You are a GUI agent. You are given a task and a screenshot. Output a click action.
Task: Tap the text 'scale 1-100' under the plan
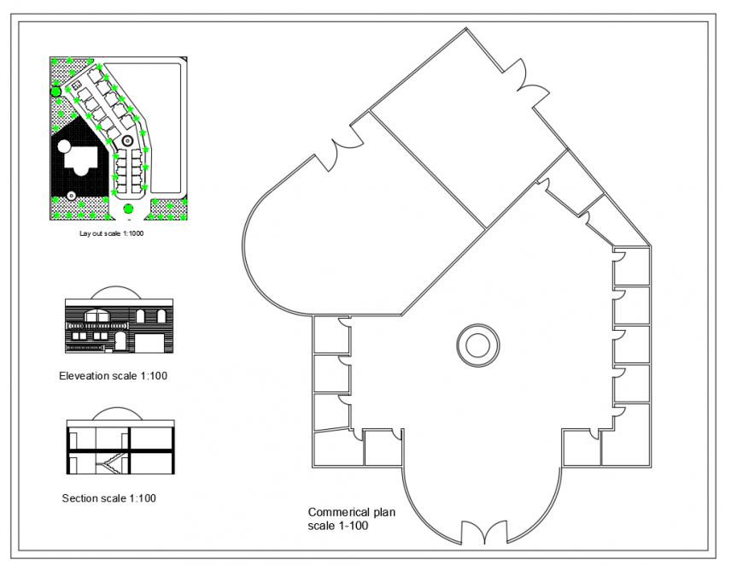tap(337, 526)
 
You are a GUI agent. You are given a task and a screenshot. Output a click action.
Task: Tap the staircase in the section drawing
tap(111, 465)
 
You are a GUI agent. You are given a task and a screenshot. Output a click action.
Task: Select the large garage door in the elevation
tap(150, 343)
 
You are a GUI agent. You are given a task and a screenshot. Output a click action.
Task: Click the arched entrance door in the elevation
tap(121, 342)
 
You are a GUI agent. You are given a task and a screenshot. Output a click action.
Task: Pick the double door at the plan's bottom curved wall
tap(484, 533)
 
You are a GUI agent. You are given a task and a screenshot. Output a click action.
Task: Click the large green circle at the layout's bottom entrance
tap(128, 208)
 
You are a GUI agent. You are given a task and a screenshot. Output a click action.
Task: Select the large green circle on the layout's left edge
tap(56, 91)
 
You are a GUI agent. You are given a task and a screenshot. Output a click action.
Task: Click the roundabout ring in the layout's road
tap(126, 139)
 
